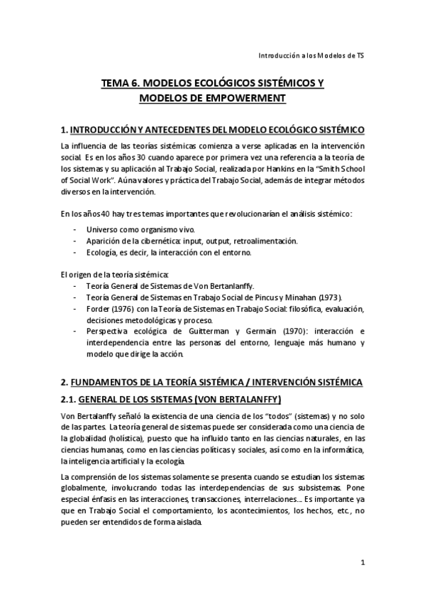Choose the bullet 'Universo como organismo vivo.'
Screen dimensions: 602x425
[138, 229]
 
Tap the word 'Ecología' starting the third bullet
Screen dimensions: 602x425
[101, 252]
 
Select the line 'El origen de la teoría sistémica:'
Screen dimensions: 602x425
[114, 275]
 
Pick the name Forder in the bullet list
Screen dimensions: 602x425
[99, 309]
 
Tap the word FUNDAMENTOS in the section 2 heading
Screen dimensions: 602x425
[111, 382]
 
